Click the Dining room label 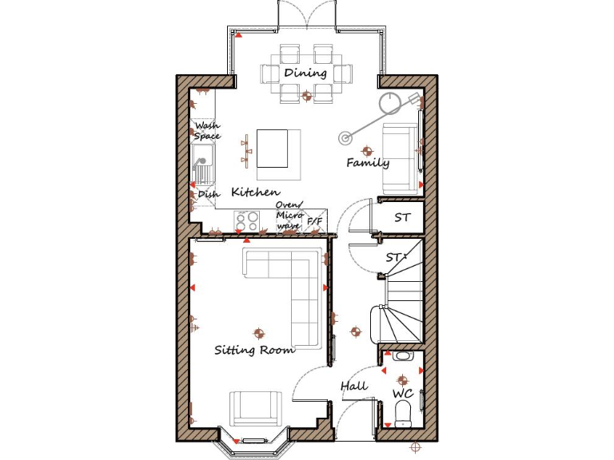click(x=305, y=73)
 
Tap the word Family click(x=368, y=163)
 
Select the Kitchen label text click(x=255, y=192)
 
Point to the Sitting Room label click(x=254, y=350)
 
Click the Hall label click(x=354, y=386)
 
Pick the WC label click(x=402, y=394)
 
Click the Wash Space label click(x=207, y=131)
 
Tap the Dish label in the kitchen click(x=208, y=194)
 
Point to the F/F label click(x=315, y=220)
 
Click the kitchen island click(x=272, y=148)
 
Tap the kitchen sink click(x=204, y=165)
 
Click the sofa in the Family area click(x=399, y=158)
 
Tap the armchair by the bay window click(x=255, y=408)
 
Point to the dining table click(x=305, y=73)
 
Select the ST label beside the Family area click(x=402, y=217)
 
